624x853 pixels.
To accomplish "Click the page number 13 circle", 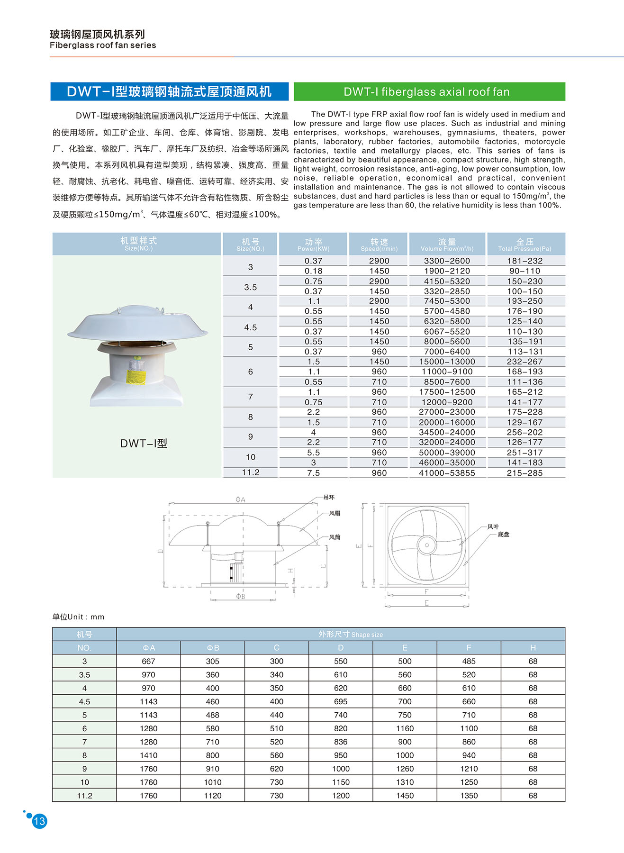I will coord(39,821).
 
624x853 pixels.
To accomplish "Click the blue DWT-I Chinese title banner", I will coord(169,91).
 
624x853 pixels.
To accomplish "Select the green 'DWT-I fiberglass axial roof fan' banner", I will coord(429,91).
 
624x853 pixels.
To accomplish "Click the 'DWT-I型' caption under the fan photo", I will coord(144,444).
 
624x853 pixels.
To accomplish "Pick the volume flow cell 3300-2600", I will coord(447,261).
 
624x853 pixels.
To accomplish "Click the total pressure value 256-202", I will coord(525,432).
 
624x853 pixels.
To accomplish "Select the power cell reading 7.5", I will coord(313,473).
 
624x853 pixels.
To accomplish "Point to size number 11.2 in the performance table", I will coord(250,472).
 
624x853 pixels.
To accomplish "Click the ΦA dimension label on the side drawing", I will coord(240,499).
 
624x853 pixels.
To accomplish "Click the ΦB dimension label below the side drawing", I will coord(241,597).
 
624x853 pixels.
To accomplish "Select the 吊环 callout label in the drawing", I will coord(329,497).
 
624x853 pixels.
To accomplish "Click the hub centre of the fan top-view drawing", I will coord(427,545).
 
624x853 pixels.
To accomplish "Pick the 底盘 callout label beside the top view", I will coord(503,535).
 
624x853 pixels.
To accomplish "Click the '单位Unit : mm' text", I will coord(78,617).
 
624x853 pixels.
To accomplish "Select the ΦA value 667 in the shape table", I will coord(148,661).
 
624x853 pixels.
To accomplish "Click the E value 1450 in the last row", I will coord(405,796).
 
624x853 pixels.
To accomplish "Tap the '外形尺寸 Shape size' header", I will coord(350,634).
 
